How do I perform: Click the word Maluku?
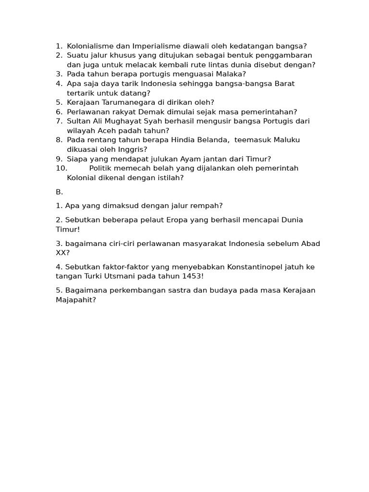pyautogui.click(x=285, y=140)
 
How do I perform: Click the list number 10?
pyautogui.click(x=61, y=168)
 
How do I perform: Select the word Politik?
pyautogui.click(x=102, y=168)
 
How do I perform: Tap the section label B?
pyautogui.click(x=59, y=192)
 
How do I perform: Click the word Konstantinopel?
pyautogui.click(x=261, y=267)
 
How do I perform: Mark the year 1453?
pyautogui.click(x=193, y=276)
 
